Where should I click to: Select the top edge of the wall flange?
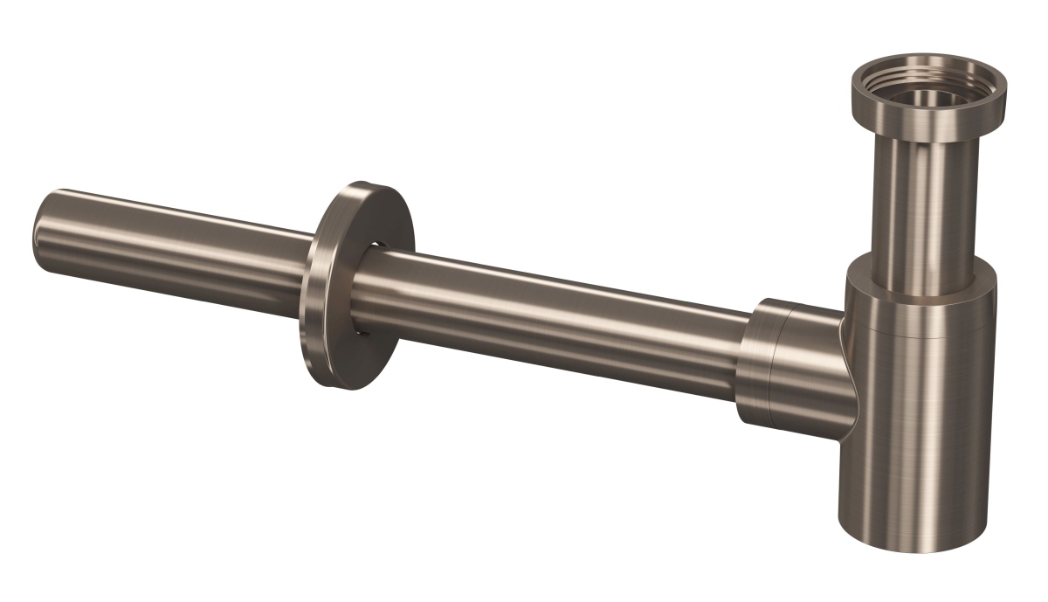coord(367,185)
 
